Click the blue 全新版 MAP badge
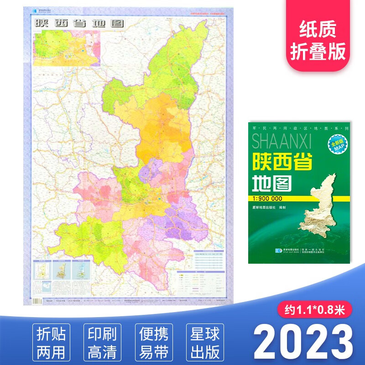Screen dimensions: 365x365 tap(336, 146)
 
